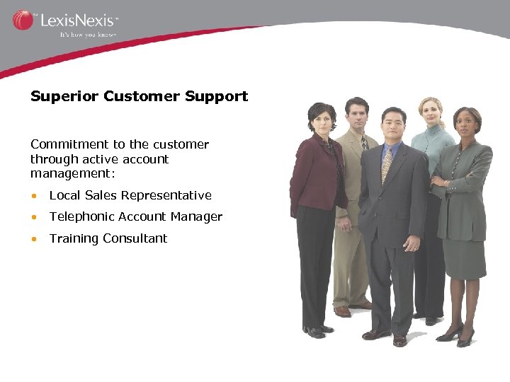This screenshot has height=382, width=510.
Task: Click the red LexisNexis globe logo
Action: coord(23,20)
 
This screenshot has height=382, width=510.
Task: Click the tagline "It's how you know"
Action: coord(88,33)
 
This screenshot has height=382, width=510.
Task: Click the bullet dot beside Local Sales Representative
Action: coord(34,196)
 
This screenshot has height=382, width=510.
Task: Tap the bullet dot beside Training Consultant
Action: coord(34,239)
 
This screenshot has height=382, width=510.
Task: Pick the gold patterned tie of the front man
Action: coord(387,163)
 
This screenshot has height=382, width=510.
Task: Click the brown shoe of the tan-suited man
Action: coord(343,311)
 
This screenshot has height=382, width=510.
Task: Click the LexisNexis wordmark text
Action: coord(78,20)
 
